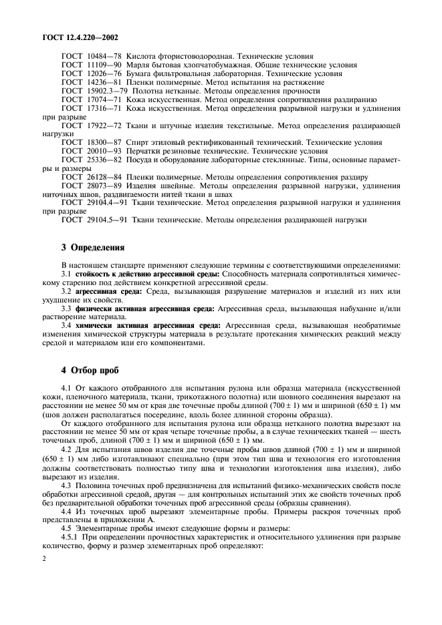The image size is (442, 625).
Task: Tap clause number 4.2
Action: coord(67,449)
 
